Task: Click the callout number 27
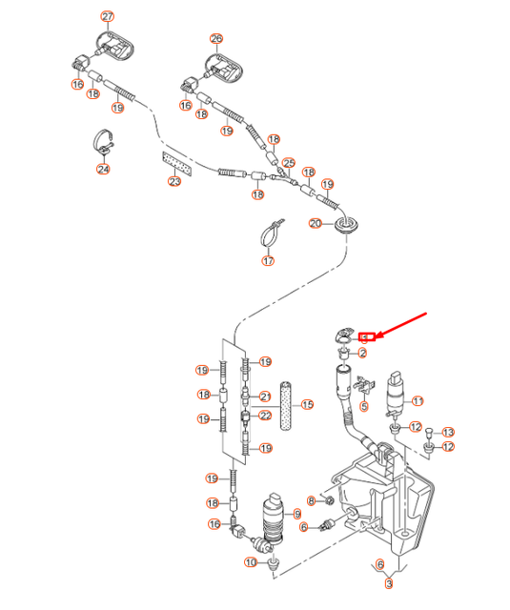107,17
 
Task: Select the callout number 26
216,39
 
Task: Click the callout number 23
174,181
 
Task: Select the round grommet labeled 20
348,225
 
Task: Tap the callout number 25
290,163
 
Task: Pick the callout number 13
448,432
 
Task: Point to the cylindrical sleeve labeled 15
288,404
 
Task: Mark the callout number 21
267,396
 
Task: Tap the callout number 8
311,500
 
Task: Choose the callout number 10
250,562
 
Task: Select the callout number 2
362,354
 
